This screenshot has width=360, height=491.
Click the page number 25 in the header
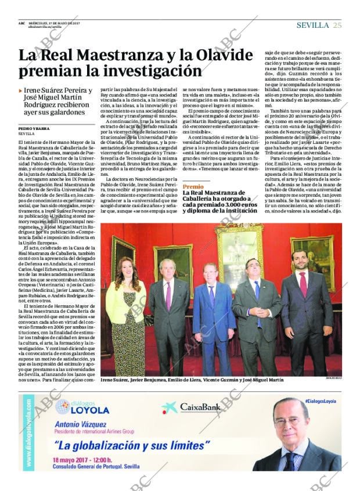337,25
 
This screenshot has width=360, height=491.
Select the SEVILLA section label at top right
312,25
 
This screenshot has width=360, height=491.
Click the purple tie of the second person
168,296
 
